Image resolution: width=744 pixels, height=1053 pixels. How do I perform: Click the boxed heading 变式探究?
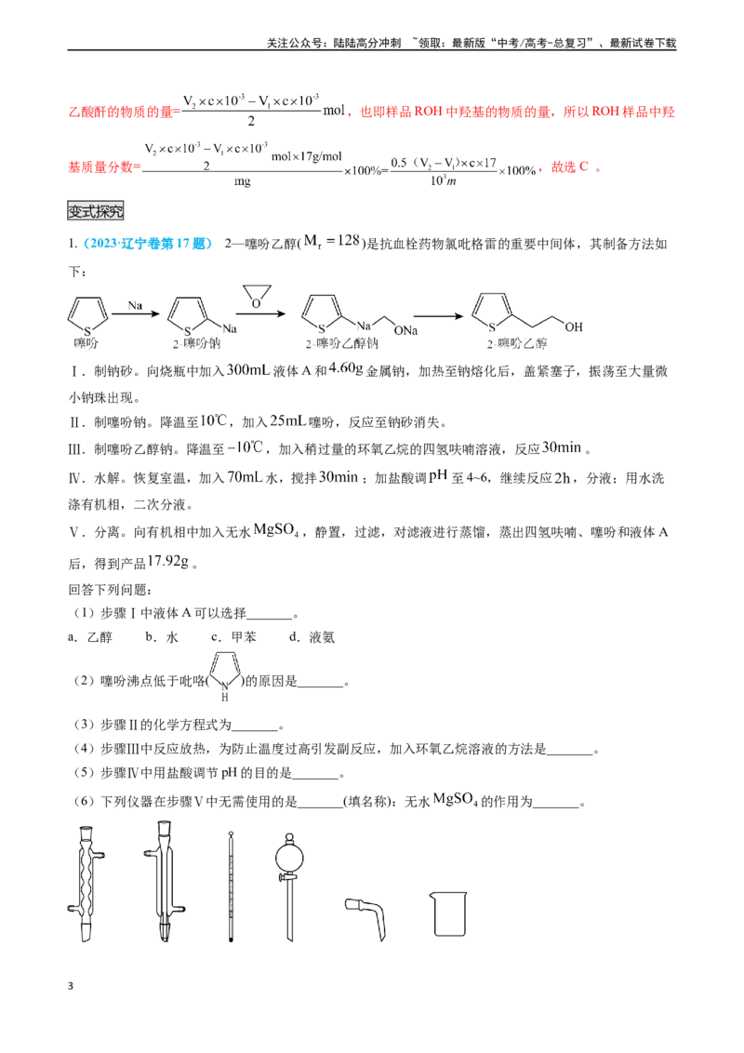click(96, 211)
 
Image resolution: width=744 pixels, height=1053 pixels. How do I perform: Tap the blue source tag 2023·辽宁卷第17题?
click(149, 244)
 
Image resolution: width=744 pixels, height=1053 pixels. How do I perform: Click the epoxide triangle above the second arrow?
click(257, 296)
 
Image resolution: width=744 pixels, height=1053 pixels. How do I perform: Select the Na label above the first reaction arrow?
click(135, 305)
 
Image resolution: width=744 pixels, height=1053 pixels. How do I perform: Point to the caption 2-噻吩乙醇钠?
click(342, 344)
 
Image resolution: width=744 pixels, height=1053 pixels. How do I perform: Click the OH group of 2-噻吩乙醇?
click(574, 327)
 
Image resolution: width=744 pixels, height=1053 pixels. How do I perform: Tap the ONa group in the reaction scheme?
click(406, 330)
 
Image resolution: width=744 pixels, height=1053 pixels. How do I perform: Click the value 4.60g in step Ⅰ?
click(346, 368)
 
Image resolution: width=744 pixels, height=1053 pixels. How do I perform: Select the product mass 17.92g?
click(168, 562)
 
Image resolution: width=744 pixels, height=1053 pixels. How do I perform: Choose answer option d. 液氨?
click(312, 637)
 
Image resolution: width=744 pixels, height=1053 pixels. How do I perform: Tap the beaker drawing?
click(448, 913)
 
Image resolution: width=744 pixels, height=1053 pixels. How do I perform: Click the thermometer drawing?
click(231, 886)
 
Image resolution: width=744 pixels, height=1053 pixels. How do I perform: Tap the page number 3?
click(71, 986)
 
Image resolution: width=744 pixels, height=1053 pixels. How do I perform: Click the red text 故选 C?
click(569, 167)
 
